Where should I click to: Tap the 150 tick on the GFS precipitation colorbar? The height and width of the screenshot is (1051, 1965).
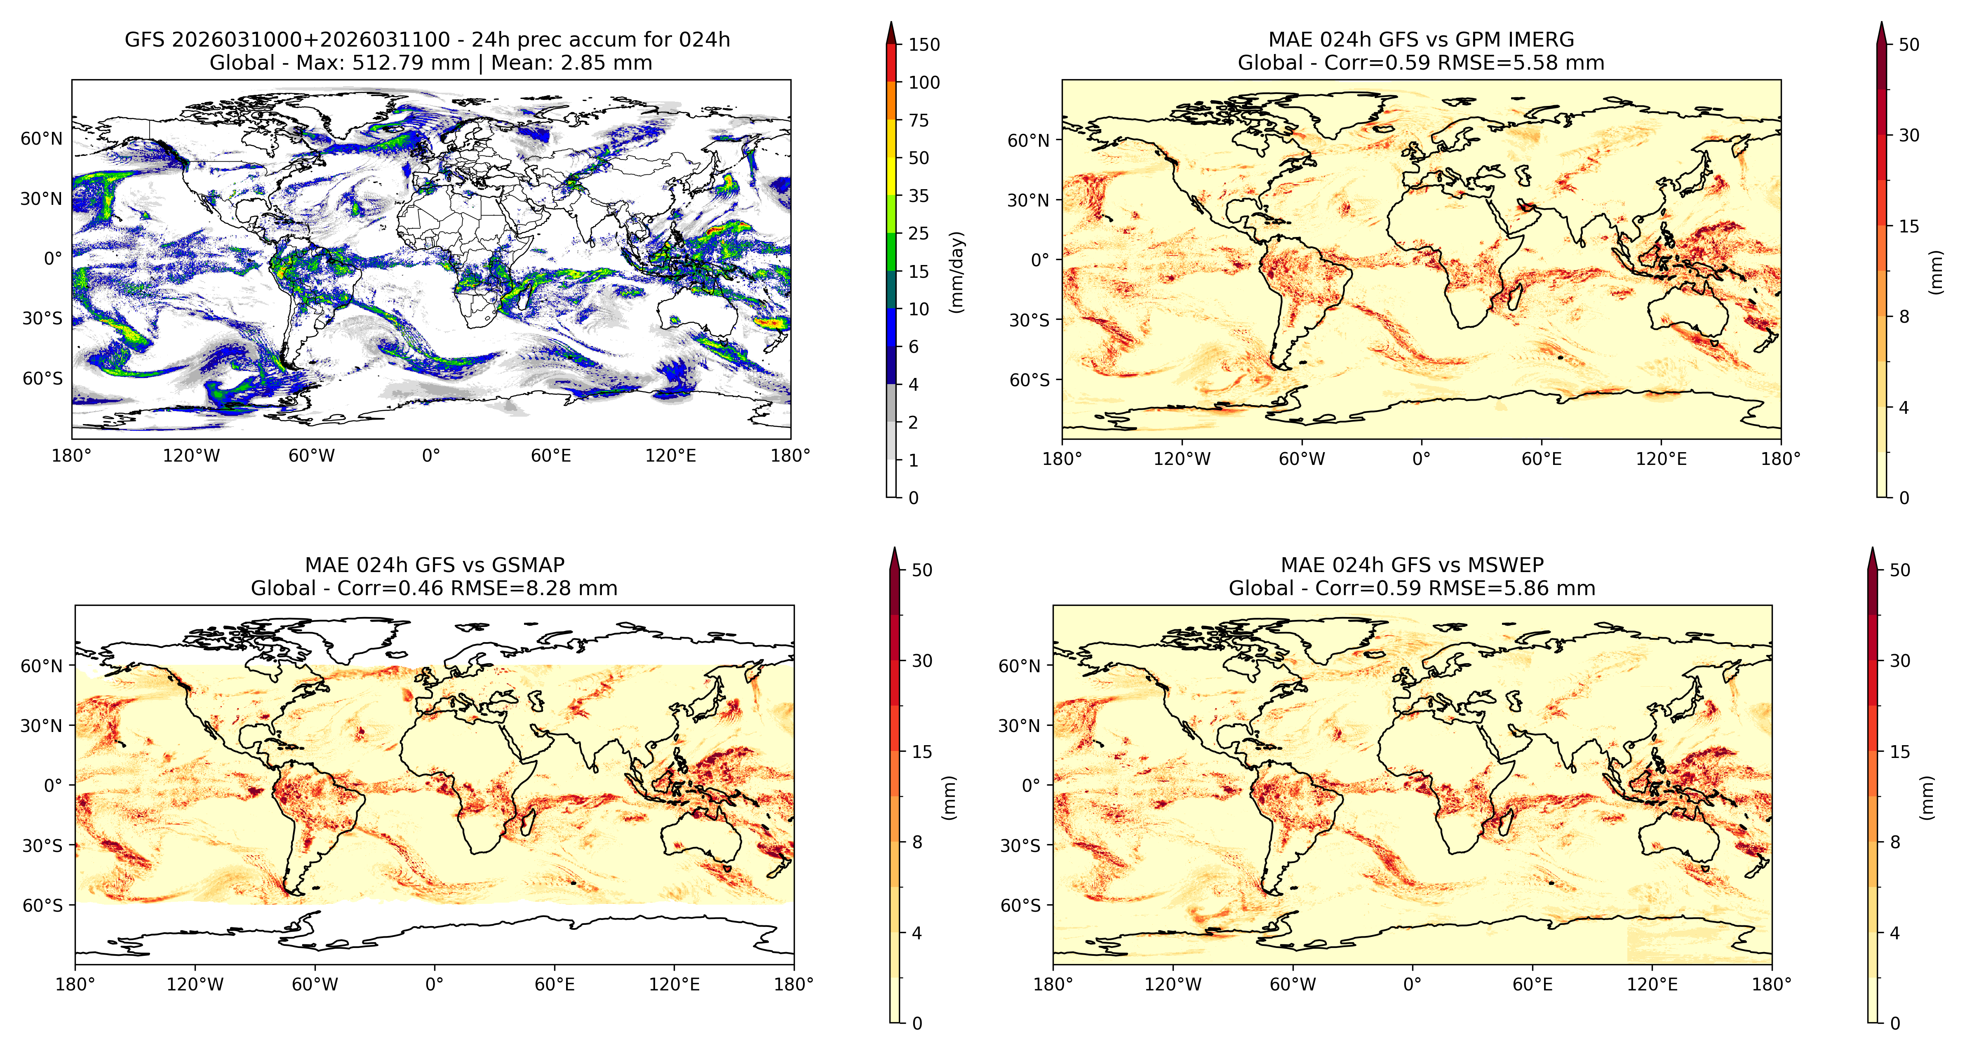(924, 44)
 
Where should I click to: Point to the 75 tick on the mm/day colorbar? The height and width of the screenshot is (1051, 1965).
(919, 120)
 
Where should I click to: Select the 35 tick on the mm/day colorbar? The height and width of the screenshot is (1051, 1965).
(919, 195)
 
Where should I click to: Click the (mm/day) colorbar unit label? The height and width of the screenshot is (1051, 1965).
(957, 272)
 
